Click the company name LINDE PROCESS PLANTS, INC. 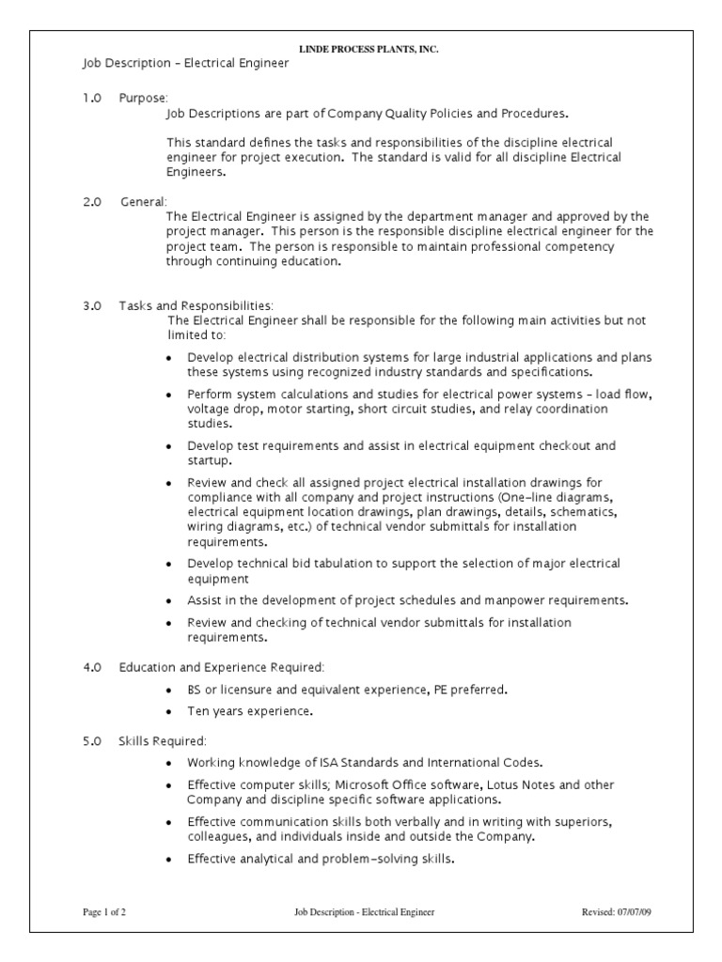[369, 49]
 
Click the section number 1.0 [91, 98]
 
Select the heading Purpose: [143, 98]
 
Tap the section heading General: [144, 202]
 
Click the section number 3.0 [91, 305]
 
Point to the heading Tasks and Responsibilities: [196, 305]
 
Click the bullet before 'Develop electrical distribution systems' [168, 359]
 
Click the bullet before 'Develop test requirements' [168, 447]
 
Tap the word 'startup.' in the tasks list [209, 461]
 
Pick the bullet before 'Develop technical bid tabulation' [168, 565]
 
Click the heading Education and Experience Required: [221, 667]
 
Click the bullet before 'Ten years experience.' [168, 712]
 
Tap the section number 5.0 [91, 740]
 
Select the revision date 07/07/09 [619, 912]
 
